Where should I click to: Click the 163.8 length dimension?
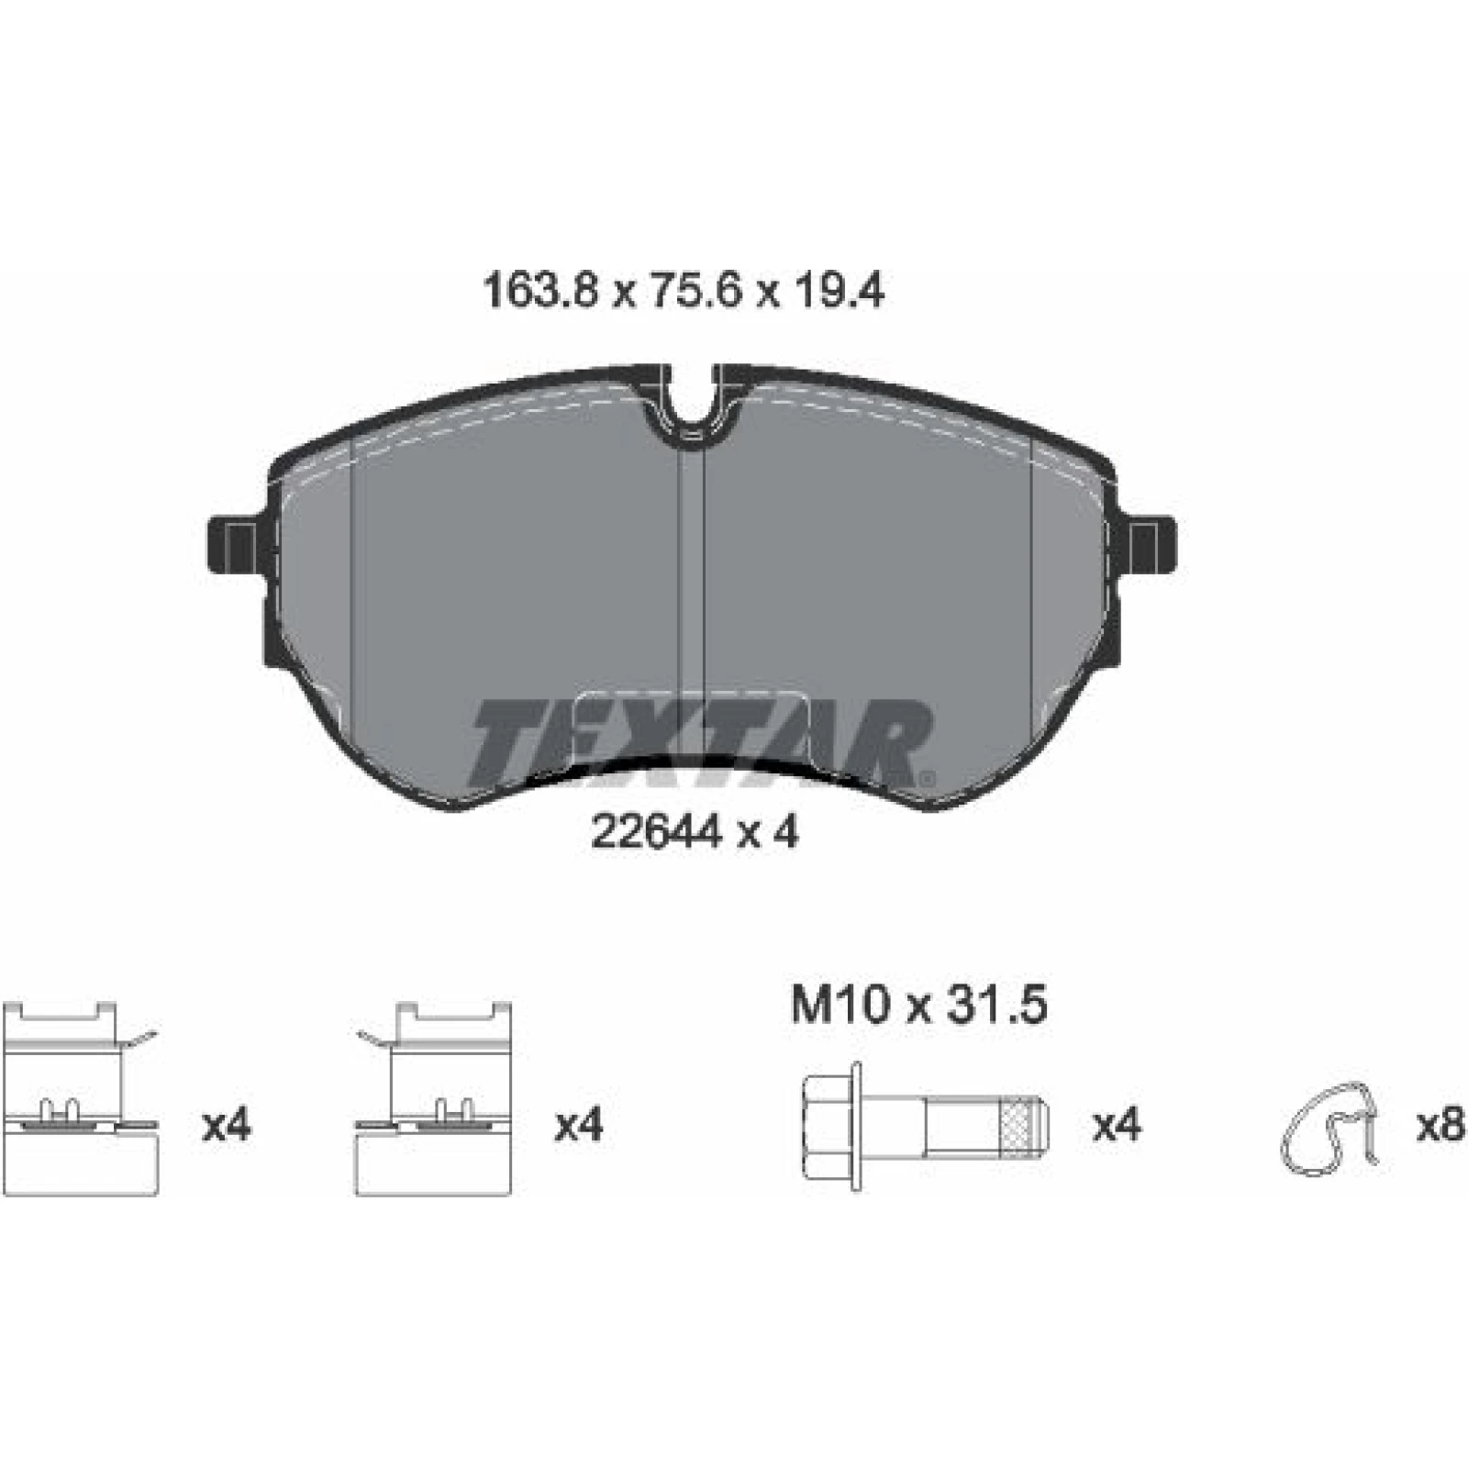click(x=540, y=292)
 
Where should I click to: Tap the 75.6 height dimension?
click(x=683, y=292)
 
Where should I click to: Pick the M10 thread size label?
click(x=840, y=1006)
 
